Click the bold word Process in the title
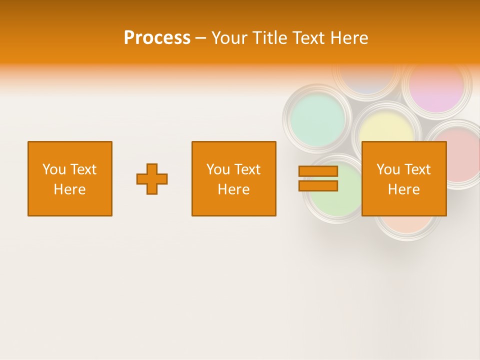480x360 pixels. [x=157, y=38]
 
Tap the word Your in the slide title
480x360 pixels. [x=230, y=38]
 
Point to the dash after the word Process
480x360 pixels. [x=201, y=38]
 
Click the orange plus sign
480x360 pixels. [x=152, y=179]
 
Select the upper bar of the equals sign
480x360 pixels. [x=318, y=171]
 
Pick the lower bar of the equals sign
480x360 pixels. [x=318, y=186]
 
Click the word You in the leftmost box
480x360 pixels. [x=54, y=169]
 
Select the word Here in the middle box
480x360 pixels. [x=233, y=189]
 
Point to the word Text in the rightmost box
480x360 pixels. [x=418, y=169]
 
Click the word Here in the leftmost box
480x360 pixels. [x=69, y=189]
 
